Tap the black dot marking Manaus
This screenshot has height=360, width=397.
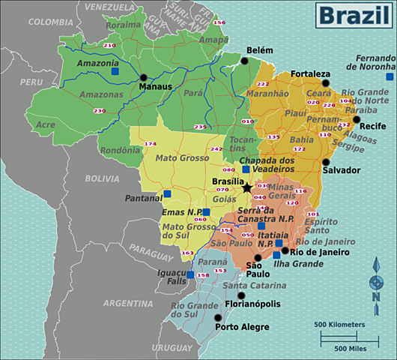pyautogui.click(x=143, y=76)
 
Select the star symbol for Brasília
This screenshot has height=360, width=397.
pyautogui.click(x=247, y=187)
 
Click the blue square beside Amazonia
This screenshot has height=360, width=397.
pyautogui.click(x=115, y=72)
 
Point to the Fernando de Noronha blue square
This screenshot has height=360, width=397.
pyautogui.click(x=390, y=76)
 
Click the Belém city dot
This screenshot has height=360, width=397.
pyautogui.click(x=244, y=61)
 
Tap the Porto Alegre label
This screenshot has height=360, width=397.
pyautogui.click(x=243, y=327)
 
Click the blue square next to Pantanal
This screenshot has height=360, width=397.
pyautogui.click(x=167, y=193)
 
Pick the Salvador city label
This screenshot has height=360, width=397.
pyautogui.click(x=342, y=170)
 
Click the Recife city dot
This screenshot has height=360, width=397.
pyautogui.click(x=357, y=119)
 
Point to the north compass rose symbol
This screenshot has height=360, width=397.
pyautogui.click(x=376, y=282)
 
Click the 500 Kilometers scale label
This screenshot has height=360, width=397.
pyautogui.click(x=340, y=324)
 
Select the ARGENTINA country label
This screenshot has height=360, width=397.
pyautogui.click(x=128, y=303)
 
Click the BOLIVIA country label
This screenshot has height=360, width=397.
pyautogui.click(x=102, y=178)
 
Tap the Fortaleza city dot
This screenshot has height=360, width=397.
pyautogui.click(x=325, y=83)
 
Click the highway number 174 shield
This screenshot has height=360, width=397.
pyautogui.click(x=149, y=143)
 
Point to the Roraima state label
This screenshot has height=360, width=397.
pyautogui.click(x=123, y=25)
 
